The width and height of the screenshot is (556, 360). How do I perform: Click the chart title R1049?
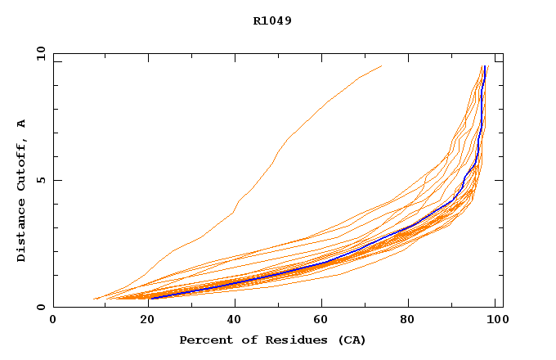point(272,20)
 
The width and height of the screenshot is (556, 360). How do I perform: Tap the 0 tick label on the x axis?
point(53,322)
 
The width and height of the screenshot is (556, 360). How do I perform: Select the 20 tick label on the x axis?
point(143,322)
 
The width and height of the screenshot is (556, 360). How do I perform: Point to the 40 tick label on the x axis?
point(233,322)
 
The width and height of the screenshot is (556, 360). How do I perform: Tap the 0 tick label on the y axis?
point(40,308)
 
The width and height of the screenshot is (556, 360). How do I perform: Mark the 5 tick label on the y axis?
point(40,180)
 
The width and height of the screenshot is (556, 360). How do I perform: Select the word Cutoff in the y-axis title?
point(22,166)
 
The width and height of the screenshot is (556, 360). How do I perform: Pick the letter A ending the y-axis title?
point(22,124)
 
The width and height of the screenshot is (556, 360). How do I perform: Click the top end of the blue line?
point(486,66)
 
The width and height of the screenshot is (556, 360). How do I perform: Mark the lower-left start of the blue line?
point(150,298)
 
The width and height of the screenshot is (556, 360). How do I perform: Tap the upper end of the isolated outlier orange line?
point(381,66)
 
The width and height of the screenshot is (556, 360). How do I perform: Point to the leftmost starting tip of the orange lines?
point(94,299)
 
